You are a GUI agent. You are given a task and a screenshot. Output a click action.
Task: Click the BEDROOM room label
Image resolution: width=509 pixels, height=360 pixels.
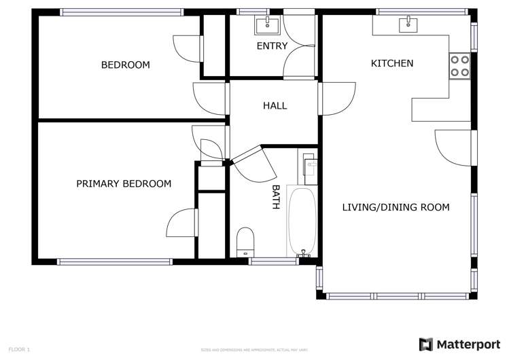click(125, 65)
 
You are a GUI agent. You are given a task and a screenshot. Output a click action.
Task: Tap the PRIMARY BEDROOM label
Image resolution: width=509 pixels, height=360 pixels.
click(123, 183)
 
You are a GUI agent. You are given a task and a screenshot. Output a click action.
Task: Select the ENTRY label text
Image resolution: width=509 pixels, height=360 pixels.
click(271, 46)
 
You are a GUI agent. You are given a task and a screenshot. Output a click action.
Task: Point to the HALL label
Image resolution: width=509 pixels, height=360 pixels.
click(275, 105)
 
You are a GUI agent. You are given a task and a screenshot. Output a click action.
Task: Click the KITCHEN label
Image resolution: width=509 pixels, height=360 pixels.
click(391, 63)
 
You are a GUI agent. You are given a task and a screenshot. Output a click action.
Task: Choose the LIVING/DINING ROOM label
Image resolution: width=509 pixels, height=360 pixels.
click(395, 207)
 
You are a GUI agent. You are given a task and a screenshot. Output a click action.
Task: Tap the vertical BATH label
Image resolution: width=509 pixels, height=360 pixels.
click(276, 196)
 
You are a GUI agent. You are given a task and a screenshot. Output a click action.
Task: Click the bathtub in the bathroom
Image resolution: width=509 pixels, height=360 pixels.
click(302, 221)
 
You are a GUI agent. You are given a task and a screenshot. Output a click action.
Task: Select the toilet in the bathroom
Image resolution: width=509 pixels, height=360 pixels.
click(245, 242)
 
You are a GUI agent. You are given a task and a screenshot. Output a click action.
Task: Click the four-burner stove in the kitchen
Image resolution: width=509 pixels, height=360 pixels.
click(459, 65)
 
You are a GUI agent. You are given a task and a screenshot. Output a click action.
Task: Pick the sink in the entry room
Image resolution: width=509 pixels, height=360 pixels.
click(266, 26)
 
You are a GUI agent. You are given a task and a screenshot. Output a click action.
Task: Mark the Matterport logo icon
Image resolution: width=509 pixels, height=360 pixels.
click(426, 344)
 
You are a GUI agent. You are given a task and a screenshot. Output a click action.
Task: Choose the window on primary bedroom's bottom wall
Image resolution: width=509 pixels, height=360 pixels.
click(116, 262)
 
